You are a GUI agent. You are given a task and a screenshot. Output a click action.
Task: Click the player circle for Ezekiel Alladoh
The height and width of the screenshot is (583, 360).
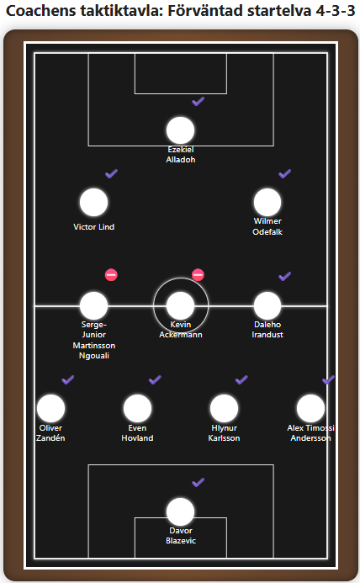pos(180,130)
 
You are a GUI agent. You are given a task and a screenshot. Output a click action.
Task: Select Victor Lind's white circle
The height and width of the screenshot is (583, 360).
pos(93,202)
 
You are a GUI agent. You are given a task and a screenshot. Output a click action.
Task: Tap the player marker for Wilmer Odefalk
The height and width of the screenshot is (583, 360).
pos(267,202)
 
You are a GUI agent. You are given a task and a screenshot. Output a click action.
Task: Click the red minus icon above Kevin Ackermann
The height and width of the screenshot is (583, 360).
pos(198,275)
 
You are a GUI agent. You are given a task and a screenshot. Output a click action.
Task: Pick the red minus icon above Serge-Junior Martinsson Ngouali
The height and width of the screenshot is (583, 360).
pos(111,275)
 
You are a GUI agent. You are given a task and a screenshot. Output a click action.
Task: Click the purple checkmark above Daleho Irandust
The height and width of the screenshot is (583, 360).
pos(284,276)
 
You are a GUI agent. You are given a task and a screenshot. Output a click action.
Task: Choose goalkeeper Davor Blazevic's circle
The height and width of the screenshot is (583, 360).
pos(180,511)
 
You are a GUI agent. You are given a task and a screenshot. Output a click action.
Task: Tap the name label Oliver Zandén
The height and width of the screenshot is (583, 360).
pos(50,432)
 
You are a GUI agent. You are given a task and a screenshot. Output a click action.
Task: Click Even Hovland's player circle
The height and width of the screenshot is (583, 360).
pos(137,408)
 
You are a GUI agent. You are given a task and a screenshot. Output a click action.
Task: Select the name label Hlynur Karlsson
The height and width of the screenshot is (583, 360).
pos(224,432)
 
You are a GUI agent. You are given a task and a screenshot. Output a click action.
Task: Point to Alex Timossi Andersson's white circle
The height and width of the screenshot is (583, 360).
pos(310,408)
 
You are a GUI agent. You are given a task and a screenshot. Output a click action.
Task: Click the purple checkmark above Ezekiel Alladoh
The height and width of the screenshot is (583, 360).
pos(198,101)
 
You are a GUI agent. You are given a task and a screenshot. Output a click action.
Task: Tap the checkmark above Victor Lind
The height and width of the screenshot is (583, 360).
pos(111,173)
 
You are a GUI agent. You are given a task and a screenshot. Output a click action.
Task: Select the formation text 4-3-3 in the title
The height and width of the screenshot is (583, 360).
pos(336,11)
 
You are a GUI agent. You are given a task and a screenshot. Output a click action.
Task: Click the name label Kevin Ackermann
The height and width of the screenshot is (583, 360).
pos(181,330)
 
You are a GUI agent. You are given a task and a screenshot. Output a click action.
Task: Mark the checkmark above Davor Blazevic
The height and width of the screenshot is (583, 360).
pos(198,483)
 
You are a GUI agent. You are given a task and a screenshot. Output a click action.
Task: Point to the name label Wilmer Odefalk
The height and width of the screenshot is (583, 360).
pos(267,226)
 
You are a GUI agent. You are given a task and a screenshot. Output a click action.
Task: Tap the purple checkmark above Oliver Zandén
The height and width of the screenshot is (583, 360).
pos(67,379)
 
